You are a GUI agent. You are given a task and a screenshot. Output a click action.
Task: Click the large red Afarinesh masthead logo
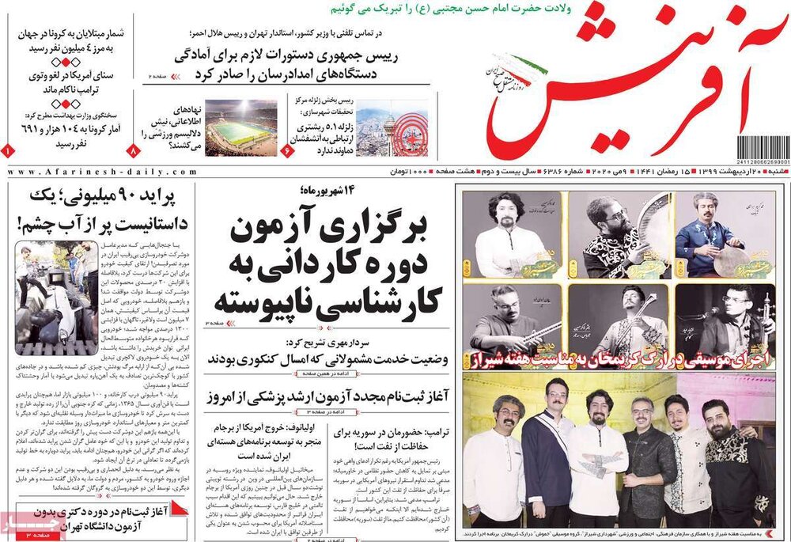tap(625, 87)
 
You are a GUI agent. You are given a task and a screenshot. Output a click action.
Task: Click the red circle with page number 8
tap(133, 150)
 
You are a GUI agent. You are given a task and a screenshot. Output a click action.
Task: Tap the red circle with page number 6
tap(286, 150)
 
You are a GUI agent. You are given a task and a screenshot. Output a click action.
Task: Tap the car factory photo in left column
tap(56, 286)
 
